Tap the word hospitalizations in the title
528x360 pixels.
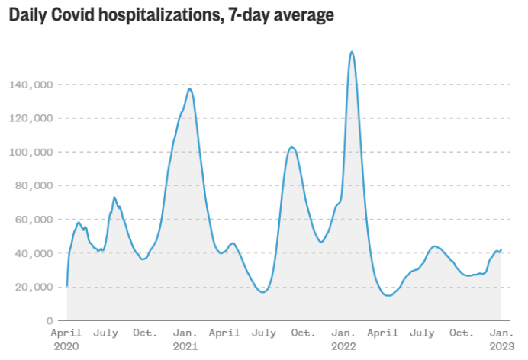[x=159, y=15]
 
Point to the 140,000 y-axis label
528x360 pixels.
[x=32, y=85]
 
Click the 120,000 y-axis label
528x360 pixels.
[x=32, y=118]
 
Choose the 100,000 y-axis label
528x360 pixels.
[x=32, y=152]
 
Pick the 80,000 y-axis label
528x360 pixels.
[x=35, y=185]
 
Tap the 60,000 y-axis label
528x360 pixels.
[x=35, y=219]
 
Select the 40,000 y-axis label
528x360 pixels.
[x=35, y=252]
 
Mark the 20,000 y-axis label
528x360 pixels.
[x=35, y=287]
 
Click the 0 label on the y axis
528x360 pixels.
[x=50, y=320]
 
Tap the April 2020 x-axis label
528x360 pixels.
[x=66, y=339]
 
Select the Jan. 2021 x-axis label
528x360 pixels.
[x=185, y=339]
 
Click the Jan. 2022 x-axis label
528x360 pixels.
[x=344, y=339]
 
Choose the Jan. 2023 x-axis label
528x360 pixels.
[x=501, y=339]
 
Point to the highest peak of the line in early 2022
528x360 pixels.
[x=351, y=52]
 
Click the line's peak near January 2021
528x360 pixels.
[x=189, y=89]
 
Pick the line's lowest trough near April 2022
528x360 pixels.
[x=388, y=295]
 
